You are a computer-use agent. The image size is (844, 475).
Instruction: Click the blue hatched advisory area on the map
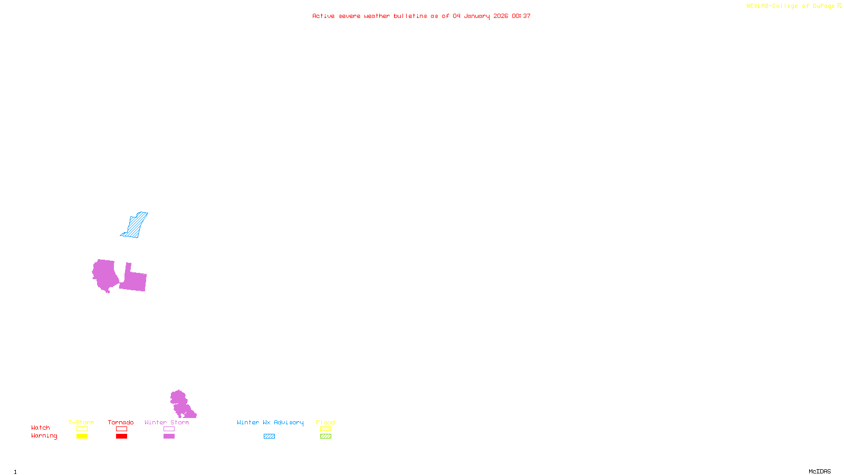[135, 225]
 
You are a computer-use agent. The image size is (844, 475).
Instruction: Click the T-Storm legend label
[81, 422]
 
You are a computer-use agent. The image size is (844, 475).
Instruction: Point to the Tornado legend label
[121, 422]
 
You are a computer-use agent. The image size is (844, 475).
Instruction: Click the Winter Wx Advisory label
[270, 422]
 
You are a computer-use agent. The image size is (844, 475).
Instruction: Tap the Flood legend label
[325, 422]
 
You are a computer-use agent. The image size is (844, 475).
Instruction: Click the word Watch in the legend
[41, 427]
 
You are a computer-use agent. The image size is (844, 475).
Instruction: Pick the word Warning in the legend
[44, 436]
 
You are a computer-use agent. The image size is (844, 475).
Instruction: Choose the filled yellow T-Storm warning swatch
[82, 436]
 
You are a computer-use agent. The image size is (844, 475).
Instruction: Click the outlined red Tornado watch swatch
[121, 429]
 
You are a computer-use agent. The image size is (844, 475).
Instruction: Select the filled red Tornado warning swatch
[121, 436]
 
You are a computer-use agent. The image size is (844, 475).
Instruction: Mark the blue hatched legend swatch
[269, 436]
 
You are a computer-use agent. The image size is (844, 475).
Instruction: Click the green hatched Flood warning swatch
[325, 436]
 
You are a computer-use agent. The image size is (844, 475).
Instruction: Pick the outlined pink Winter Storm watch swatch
[169, 429]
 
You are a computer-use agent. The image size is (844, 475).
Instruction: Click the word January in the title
[477, 16]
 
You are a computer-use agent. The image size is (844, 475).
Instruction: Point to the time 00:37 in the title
[521, 16]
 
